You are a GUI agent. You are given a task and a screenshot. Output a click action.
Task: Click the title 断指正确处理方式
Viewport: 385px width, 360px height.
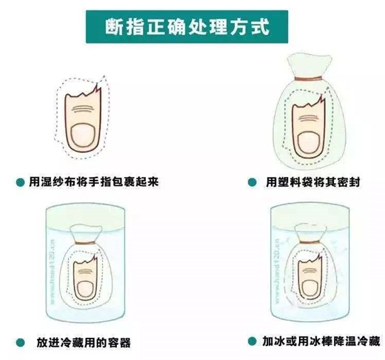[187, 27]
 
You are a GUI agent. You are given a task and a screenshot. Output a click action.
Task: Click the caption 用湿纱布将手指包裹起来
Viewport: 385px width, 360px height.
[94, 182]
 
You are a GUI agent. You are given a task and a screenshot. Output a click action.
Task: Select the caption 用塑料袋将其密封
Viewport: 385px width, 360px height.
[313, 182]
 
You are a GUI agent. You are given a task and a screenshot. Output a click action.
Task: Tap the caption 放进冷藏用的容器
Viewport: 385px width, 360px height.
[83, 343]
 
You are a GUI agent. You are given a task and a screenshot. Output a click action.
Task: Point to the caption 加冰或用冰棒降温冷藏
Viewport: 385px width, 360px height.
[321, 341]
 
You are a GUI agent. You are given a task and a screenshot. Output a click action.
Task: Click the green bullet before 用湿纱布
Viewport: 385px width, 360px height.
[20, 182]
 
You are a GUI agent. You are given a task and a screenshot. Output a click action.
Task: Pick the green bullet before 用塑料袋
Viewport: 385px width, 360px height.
[252, 182]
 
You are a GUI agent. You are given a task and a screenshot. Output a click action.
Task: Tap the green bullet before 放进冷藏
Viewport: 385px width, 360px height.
[21, 342]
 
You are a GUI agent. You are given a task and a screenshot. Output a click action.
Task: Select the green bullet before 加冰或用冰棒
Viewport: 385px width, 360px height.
[252, 341]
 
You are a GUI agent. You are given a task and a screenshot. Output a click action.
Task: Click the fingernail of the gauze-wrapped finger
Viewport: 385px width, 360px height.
[83, 136]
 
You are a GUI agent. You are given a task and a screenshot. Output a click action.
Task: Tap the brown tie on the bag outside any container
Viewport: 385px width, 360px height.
[309, 79]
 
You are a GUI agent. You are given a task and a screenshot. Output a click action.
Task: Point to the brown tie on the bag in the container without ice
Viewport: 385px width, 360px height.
[85, 243]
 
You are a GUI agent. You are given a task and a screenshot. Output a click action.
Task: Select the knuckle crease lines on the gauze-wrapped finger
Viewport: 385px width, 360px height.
[82, 109]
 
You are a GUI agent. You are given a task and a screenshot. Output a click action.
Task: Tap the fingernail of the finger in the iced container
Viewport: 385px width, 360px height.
[309, 287]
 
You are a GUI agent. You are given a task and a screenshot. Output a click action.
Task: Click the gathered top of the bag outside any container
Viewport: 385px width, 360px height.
[309, 65]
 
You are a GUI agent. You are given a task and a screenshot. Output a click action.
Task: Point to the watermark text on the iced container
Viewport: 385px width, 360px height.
[277, 271]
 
